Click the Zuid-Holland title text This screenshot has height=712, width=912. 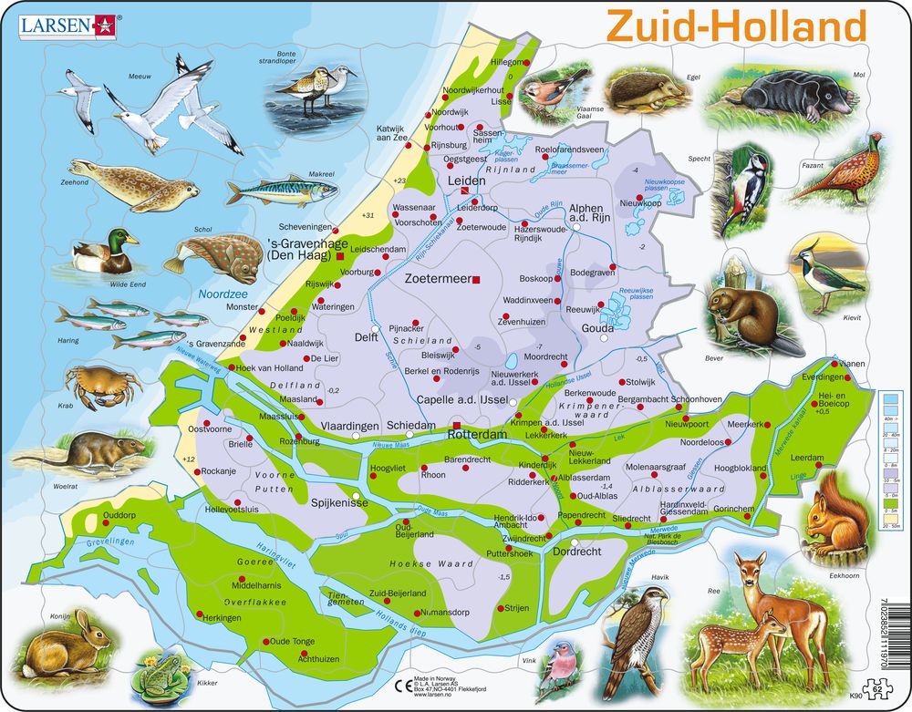click(x=736, y=26)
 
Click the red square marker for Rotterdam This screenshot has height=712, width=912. click(x=456, y=426)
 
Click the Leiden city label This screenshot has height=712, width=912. click(x=466, y=181)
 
